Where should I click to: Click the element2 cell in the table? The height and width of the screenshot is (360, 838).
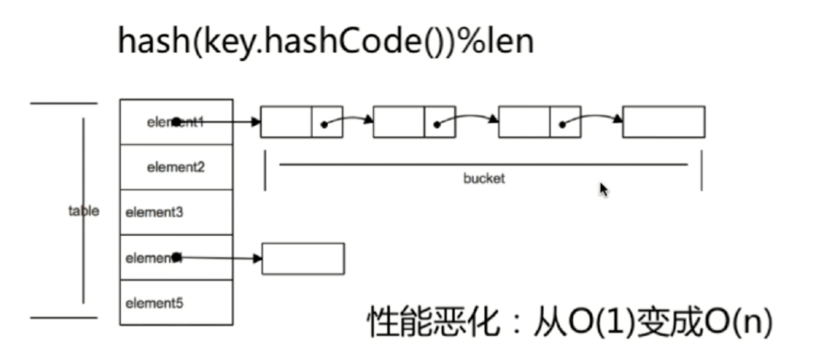[x=176, y=167]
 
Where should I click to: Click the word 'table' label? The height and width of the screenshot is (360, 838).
[x=84, y=211]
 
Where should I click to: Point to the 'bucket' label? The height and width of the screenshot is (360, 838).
[x=484, y=178]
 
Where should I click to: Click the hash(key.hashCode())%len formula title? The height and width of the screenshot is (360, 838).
[x=326, y=42]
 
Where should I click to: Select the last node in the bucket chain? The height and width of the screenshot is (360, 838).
[x=664, y=122]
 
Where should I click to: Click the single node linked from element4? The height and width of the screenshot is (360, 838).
[x=303, y=259]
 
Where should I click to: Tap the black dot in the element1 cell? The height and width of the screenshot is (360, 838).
[x=177, y=121]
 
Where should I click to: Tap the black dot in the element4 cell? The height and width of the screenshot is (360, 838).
[x=177, y=257]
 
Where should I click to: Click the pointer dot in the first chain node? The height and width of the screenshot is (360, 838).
[x=324, y=125]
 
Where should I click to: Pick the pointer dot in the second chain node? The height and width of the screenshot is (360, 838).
[x=436, y=125]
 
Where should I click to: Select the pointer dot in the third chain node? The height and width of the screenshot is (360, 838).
[x=562, y=125]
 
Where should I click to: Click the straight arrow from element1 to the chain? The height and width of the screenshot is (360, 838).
[x=220, y=122]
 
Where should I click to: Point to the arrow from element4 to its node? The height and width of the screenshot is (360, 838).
[x=220, y=258]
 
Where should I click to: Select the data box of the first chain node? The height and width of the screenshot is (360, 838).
[x=286, y=122]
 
